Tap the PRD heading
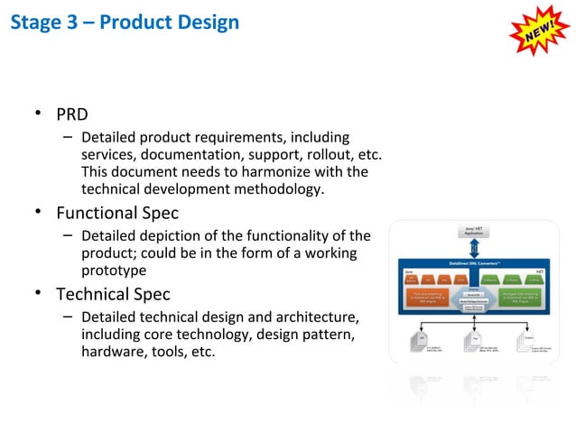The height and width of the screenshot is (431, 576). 72,115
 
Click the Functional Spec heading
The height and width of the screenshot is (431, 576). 117,214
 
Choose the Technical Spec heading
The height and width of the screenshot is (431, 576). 113,294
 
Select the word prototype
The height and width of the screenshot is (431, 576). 114,270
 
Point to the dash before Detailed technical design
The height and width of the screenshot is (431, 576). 68,317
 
